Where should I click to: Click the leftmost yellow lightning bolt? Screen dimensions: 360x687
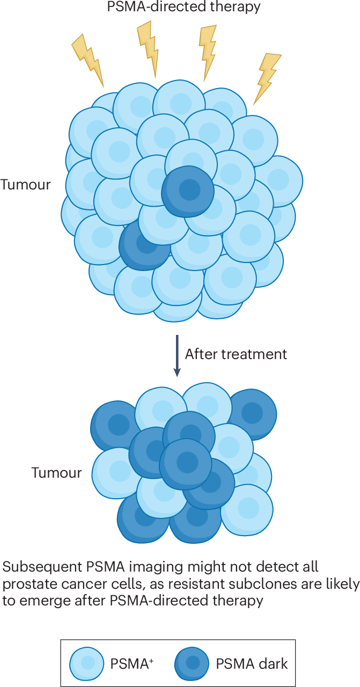pos(88,60)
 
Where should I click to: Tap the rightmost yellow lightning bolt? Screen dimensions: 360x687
pos(267,78)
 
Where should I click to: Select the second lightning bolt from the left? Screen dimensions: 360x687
pos(149,48)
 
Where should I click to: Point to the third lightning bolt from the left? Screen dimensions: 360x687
pos(208,52)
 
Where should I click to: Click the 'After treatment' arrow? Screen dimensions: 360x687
pos(177,355)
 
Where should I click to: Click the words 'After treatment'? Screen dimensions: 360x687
pos(236,354)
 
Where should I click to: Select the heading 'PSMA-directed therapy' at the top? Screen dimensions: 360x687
pos(183,6)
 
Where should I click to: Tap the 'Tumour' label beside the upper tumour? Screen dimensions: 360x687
pos(25,185)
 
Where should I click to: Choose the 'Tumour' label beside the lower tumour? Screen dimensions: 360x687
pos(57,473)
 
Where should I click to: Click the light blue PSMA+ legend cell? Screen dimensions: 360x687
pos(86,664)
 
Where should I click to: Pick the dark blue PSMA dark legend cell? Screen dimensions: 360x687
pos(192,664)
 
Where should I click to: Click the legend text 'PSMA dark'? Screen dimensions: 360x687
pos(252,664)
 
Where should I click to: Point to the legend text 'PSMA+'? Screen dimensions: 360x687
pos(132,664)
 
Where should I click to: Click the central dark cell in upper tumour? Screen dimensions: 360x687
pos(188,192)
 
